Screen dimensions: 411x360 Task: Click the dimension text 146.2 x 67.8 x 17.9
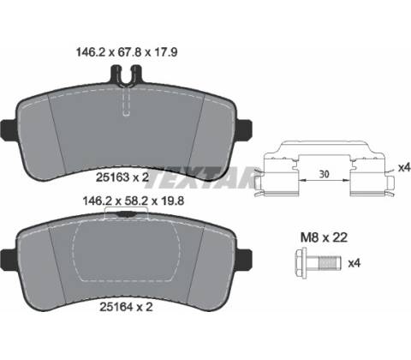(x=127, y=52)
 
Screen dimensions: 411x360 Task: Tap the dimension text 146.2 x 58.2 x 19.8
(x=134, y=201)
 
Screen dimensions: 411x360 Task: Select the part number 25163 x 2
(x=122, y=177)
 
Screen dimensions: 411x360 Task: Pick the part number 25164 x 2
(x=126, y=307)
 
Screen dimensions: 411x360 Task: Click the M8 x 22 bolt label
(x=324, y=237)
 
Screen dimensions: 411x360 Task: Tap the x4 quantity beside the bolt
(x=354, y=263)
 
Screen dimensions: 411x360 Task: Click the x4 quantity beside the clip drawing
(x=404, y=168)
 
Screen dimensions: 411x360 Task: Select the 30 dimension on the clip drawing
(x=324, y=174)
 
